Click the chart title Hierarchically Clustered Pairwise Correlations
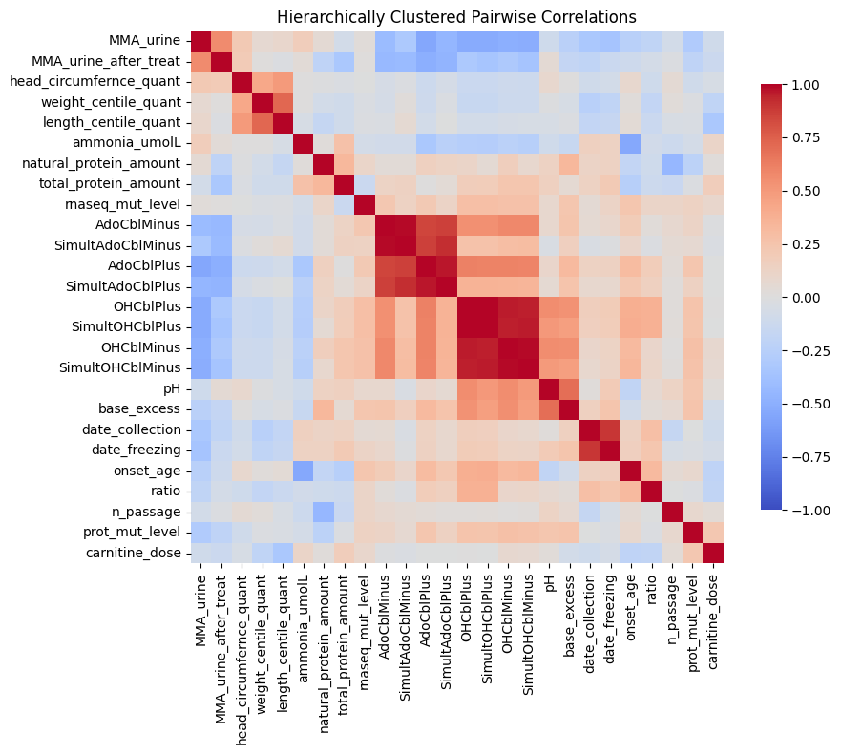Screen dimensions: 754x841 coord(456,17)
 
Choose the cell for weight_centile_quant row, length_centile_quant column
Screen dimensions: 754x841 coord(283,102)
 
